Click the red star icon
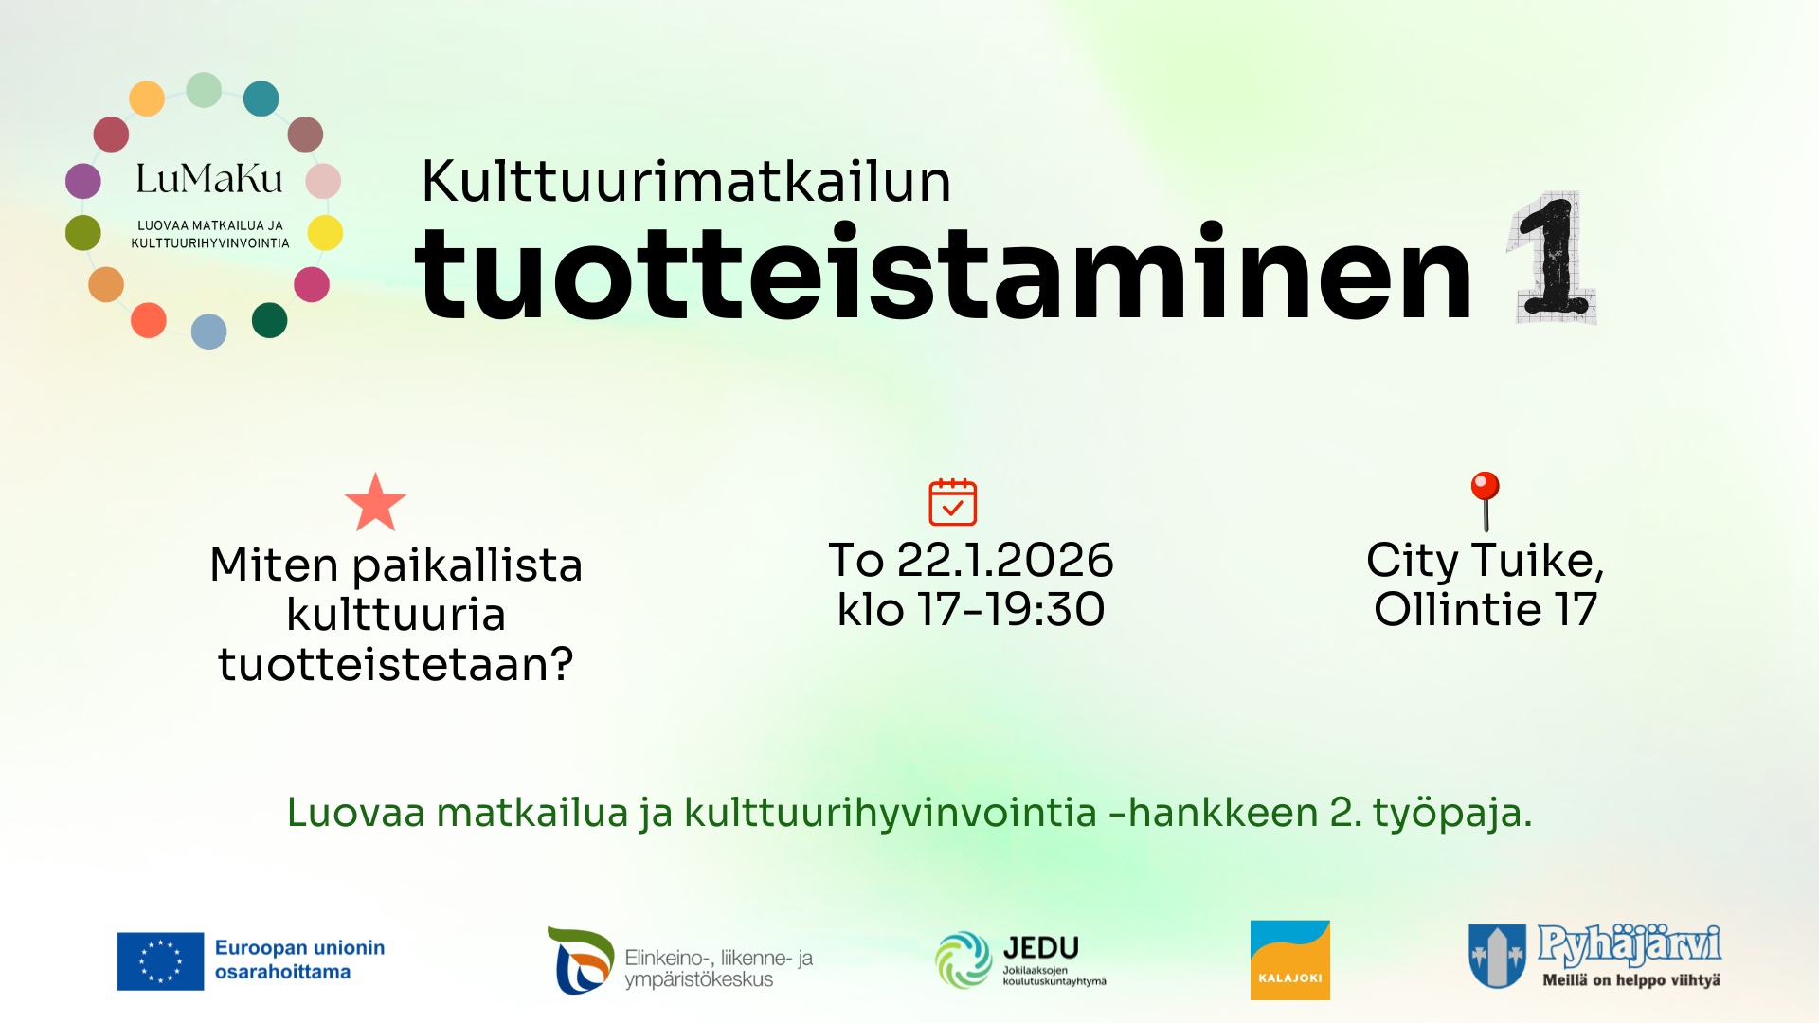375,503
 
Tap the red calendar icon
952,502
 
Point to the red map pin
1485,501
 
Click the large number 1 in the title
1553,258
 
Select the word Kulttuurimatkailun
686,181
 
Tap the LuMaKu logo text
209,178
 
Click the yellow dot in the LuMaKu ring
325,232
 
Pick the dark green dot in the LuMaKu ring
269,320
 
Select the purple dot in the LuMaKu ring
83,181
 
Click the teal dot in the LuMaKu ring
261,99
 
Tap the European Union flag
160,960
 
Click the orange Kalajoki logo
1289,960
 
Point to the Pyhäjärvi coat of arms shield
1497,956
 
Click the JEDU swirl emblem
964,960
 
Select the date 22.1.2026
1005,560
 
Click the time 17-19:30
1011,609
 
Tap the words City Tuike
1485,561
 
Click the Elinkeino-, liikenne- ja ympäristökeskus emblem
580,960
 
